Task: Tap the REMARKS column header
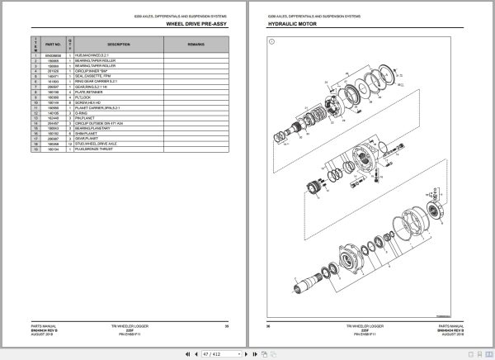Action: click(x=196, y=44)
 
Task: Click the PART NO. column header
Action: click(x=54, y=44)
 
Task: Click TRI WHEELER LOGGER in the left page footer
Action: click(x=134, y=326)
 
